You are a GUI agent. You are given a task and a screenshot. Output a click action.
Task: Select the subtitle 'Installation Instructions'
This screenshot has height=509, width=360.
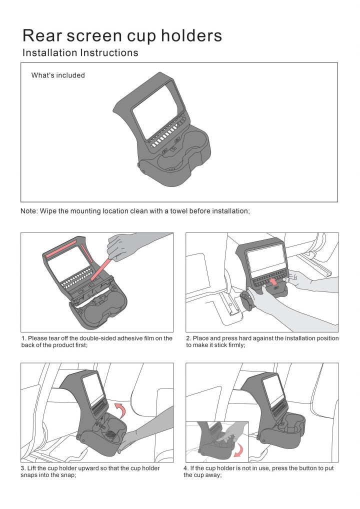point(80,52)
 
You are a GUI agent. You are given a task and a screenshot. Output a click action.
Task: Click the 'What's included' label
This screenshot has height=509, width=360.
point(58,75)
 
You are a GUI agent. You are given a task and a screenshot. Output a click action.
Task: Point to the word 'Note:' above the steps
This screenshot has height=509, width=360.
point(29,211)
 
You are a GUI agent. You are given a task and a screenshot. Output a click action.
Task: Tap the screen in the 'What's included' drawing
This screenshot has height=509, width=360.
point(155,113)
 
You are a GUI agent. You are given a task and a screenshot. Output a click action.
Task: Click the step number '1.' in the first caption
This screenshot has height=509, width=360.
point(23,338)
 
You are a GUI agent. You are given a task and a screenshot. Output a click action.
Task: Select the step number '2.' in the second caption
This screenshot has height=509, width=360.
point(188,338)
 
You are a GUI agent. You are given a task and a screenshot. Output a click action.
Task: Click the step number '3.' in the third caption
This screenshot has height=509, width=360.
point(23,468)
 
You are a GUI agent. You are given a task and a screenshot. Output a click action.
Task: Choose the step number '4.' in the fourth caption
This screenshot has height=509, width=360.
point(186,468)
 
